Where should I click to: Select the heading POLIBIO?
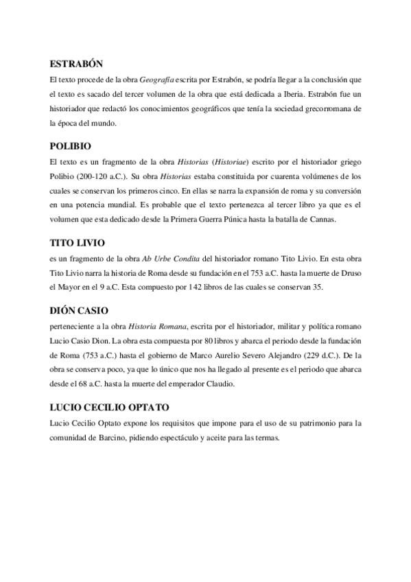(71, 146)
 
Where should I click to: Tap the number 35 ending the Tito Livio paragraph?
(318, 287)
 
